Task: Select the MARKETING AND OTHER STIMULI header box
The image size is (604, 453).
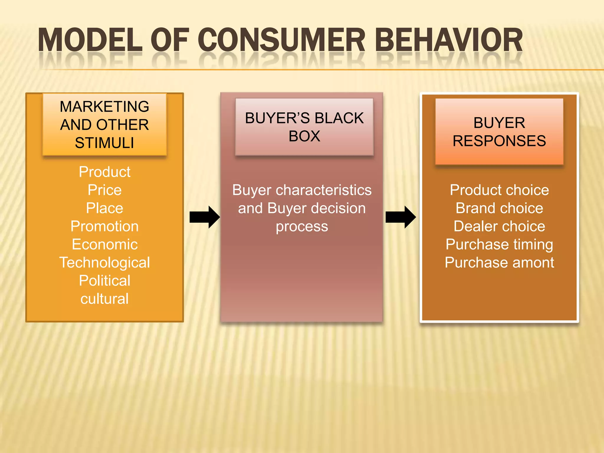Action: click(104, 124)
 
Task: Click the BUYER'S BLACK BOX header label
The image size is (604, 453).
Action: click(304, 127)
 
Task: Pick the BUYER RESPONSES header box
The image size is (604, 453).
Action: click(499, 132)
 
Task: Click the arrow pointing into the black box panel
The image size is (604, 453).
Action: click(204, 217)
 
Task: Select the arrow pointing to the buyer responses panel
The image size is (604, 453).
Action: click(401, 217)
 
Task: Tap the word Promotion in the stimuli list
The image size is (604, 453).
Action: click(104, 226)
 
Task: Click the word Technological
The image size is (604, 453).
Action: click(104, 262)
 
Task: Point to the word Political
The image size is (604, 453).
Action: click(104, 280)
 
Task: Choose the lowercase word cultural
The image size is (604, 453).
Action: click(104, 299)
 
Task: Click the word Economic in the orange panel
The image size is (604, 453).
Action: click(104, 244)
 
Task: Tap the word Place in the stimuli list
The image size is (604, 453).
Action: click(104, 208)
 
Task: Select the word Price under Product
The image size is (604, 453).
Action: click(104, 190)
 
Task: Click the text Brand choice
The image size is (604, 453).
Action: click(499, 208)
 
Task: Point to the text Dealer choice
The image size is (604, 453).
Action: click(499, 226)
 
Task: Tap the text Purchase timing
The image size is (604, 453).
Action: click(499, 244)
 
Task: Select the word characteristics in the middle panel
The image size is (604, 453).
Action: click(324, 190)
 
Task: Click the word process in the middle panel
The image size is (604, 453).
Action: click(302, 226)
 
